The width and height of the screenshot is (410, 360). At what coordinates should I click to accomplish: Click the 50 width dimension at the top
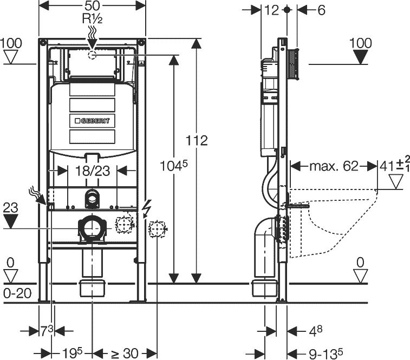click(92, 5)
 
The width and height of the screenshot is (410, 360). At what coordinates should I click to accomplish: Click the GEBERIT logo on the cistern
click(92, 121)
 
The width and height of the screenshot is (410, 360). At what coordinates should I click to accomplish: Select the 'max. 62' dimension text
click(334, 166)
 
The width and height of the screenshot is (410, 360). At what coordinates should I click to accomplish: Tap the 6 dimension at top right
click(321, 10)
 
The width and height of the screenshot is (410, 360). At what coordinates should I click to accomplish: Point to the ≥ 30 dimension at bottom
click(124, 354)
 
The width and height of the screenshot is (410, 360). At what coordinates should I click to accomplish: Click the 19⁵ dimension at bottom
click(71, 354)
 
